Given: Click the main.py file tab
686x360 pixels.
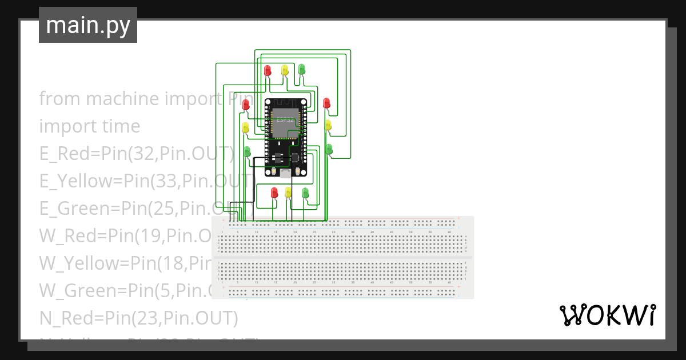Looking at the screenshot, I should (88, 25).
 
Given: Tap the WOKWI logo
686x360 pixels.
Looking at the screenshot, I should (607, 315).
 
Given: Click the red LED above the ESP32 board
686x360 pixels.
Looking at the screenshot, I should (268, 70).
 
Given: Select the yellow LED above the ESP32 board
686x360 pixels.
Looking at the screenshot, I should (285, 70).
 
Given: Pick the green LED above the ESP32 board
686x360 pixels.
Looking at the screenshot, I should (302, 70).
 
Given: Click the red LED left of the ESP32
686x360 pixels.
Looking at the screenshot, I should (246, 105).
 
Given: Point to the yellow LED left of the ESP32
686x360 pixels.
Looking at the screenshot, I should (246, 127).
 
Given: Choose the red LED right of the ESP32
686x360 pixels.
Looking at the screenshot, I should (326, 103).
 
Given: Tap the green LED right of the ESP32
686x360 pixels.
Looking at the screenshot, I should (329, 149).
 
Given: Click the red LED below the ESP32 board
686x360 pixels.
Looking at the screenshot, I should (274, 192).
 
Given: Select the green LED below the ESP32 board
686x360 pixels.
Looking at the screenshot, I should (305, 192).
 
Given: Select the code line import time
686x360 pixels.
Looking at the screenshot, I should (89, 126).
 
